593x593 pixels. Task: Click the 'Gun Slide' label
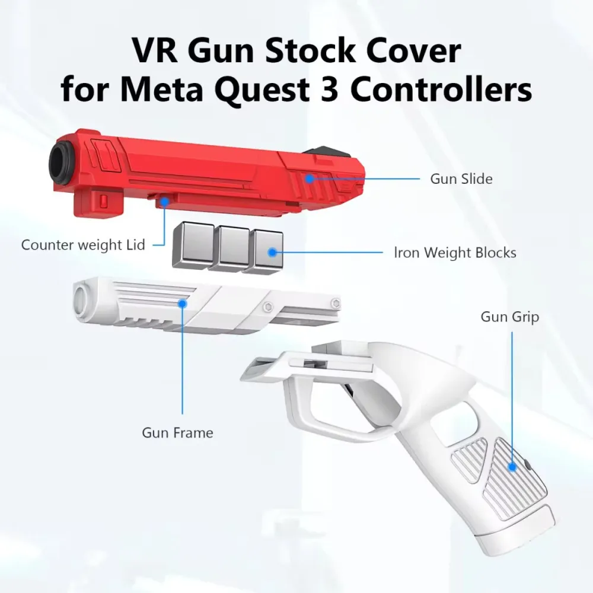pyautogui.click(x=461, y=178)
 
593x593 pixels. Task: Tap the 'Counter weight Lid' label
pyautogui.click(x=83, y=245)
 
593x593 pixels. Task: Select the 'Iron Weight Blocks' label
pyautogui.click(x=455, y=252)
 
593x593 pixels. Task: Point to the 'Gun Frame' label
pyautogui.click(x=177, y=432)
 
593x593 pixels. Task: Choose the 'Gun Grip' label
pyautogui.click(x=510, y=317)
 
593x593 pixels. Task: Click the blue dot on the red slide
pyautogui.click(x=310, y=178)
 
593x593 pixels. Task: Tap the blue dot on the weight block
pyautogui.click(x=272, y=252)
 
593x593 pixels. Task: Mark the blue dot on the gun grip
pyautogui.click(x=512, y=467)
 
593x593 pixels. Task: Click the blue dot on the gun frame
pyautogui.click(x=183, y=303)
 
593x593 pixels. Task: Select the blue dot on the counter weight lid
pyautogui.click(x=164, y=202)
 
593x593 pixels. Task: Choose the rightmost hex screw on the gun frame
pyautogui.click(x=335, y=303)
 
